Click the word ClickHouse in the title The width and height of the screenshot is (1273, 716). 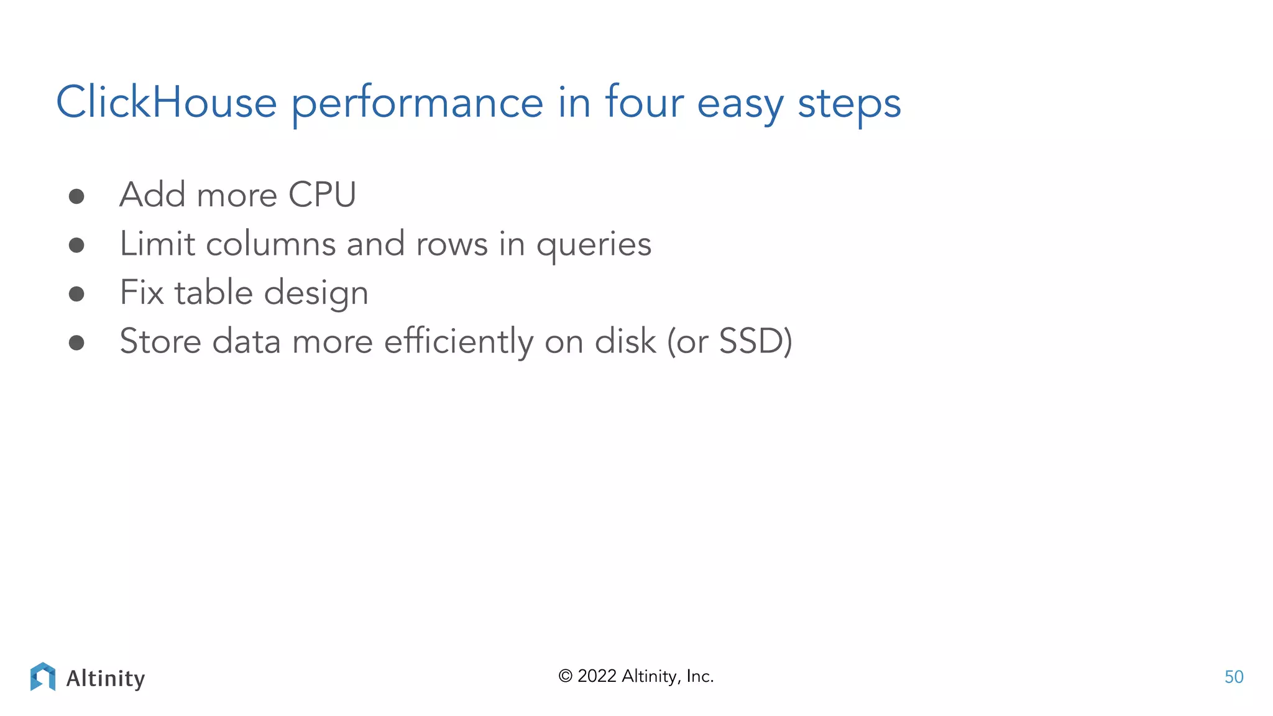(x=166, y=103)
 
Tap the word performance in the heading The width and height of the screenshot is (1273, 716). (x=417, y=104)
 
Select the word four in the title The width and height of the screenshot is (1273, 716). (x=644, y=103)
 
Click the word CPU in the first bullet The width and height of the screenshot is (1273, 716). (x=322, y=195)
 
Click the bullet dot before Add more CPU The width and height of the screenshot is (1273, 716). (x=76, y=197)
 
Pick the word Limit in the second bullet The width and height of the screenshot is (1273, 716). (x=157, y=244)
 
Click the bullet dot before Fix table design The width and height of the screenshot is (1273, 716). (x=76, y=294)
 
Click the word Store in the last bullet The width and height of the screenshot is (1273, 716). (x=160, y=341)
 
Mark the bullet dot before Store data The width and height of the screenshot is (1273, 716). (x=76, y=342)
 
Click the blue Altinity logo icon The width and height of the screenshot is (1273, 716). (x=43, y=677)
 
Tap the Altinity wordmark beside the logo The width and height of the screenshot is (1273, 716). (x=106, y=678)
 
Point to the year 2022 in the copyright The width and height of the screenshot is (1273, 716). (x=597, y=676)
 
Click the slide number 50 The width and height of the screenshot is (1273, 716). (x=1233, y=677)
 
